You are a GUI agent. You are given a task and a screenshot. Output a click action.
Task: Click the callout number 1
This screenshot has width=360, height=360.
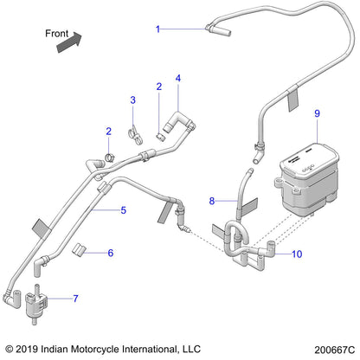tap(157, 29)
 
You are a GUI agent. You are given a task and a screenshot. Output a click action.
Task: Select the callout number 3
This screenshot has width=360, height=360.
tap(132, 100)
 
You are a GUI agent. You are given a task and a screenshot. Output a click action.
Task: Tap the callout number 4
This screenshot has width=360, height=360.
tap(177, 79)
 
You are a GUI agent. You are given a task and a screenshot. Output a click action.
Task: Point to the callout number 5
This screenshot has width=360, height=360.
tap(99, 210)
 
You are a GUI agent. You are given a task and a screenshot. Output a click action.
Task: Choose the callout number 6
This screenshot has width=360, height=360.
tap(110, 253)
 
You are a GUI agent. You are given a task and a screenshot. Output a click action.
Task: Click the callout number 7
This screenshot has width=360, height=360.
tap(75, 299)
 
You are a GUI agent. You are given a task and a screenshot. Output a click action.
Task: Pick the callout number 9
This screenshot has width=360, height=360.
tap(317, 113)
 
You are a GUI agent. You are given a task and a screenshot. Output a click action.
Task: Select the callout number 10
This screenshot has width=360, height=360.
tap(297, 254)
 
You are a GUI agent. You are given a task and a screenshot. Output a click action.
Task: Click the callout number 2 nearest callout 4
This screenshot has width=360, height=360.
tap(159, 87)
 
